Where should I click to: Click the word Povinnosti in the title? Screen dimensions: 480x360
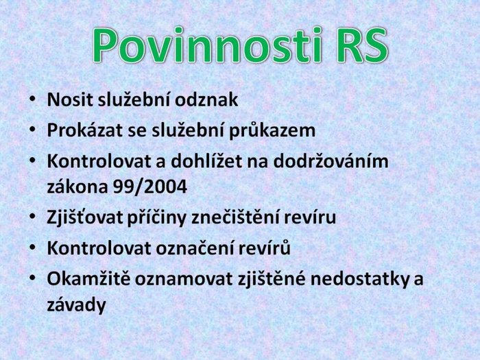click(207, 46)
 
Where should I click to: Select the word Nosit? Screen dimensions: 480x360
click(70, 99)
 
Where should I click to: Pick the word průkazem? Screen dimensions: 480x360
click(272, 131)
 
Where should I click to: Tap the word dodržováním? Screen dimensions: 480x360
click(331, 160)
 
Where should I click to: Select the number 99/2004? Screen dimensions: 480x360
click(150, 186)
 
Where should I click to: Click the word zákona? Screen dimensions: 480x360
click(77, 186)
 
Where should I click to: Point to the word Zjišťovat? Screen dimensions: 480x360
click(85, 217)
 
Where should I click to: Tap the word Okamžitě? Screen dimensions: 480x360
click(88, 278)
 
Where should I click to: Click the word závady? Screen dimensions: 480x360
click(77, 304)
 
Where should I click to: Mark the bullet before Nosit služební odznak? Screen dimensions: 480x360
click(32, 99)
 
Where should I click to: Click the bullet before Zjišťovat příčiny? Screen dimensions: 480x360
click(32, 217)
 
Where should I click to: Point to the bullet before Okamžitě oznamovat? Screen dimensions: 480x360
click(32, 278)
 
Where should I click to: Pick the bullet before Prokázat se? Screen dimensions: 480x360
click(32, 130)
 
